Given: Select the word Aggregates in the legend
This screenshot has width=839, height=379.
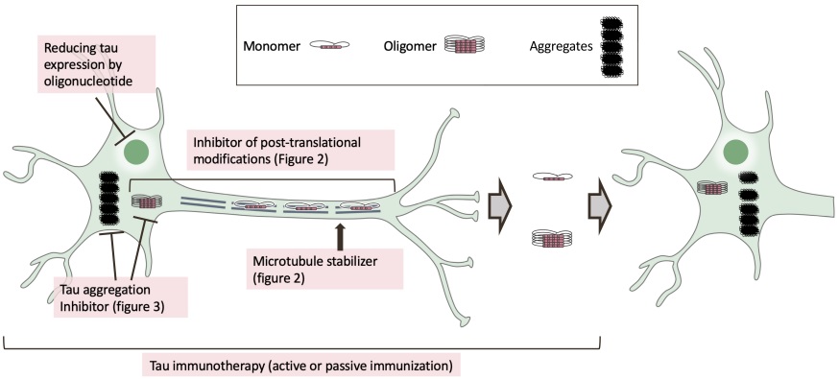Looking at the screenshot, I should [556, 44].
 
